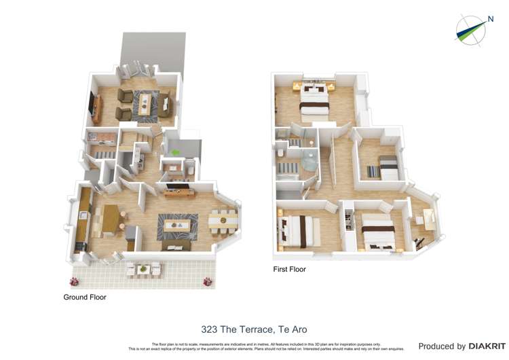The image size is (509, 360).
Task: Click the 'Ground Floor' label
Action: [85, 297]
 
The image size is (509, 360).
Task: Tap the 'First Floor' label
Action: [289, 270]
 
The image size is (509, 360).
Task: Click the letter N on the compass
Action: [490, 20]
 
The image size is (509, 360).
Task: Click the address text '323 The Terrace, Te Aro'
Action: [254, 329]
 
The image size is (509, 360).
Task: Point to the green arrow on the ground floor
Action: [175, 153]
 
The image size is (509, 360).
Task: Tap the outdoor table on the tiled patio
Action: [143, 270]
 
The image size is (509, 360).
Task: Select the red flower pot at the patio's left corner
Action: [75, 281]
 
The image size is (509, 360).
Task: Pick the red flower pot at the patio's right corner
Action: [204, 281]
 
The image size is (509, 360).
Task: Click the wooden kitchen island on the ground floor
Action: [110, 218]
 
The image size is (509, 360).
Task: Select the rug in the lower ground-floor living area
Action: [177, 226]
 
